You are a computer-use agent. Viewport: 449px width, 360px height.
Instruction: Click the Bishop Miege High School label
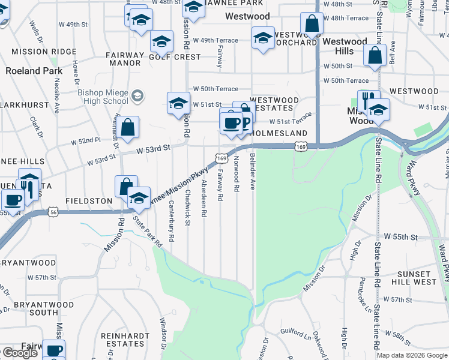tap(103, 97)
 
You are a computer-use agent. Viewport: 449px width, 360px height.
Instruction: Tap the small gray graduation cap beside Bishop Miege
tap(137, 95)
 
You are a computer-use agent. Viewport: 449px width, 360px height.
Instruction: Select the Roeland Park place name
tap(34, 71)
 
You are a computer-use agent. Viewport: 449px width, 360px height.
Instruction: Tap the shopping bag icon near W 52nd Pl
tap(128, 127)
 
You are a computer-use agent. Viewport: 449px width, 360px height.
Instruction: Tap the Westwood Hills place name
tap(345, 46)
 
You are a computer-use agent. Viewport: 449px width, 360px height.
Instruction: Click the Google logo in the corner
tap(19, 353)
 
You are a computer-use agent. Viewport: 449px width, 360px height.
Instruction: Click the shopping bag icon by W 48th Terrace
tap(312, 25)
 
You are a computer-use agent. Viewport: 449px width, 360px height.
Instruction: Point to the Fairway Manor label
tap(124, 59)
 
